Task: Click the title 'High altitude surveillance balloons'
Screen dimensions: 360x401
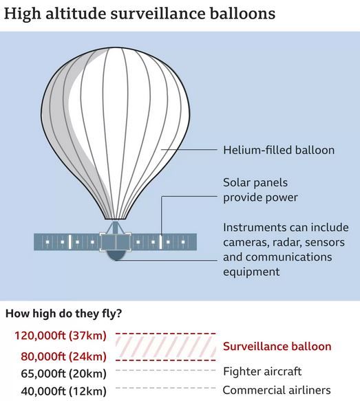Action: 140,14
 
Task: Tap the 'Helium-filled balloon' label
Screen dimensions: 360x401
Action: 279,150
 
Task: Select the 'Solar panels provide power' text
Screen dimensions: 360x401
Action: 260,190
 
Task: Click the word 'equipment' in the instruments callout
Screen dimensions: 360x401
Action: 251,272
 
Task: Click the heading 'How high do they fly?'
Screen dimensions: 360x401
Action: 63,313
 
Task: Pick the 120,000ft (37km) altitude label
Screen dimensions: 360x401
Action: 61,335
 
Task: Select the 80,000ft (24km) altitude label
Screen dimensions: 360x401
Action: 63,356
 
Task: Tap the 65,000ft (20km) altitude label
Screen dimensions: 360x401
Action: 63,373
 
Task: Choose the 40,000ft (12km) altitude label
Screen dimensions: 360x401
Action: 63,391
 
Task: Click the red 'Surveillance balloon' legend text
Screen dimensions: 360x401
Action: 277,346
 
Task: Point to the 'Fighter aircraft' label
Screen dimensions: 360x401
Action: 262,371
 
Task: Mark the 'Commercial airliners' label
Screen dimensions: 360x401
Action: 277,390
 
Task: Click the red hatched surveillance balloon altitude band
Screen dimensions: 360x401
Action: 165,347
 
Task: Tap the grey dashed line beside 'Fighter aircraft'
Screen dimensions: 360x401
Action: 165,370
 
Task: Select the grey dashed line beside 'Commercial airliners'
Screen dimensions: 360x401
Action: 165,388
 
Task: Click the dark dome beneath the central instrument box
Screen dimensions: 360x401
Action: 116,256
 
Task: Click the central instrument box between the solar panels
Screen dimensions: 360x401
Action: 116,242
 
